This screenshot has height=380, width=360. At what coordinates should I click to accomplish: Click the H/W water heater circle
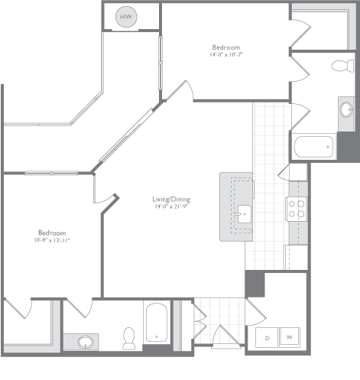(x=125, y=17)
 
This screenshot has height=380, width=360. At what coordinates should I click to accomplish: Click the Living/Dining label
(x=171, y=199)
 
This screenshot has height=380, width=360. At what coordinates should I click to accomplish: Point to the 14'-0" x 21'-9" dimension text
(x=171, y=206)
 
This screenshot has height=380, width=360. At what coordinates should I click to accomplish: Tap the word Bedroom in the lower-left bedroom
(x=52, y=232)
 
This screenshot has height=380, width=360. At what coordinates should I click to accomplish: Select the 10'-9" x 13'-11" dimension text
(x=52, y=240)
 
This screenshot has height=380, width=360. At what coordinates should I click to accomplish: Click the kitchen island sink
(x=244, y=212)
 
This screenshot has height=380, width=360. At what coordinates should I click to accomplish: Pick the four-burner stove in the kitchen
(x=296, y=208)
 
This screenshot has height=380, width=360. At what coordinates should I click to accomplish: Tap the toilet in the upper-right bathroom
(x=339, y=67)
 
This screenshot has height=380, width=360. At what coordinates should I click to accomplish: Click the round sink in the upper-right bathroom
(x=345, y=109)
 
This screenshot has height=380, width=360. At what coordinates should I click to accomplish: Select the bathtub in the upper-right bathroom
(x=313, y=145)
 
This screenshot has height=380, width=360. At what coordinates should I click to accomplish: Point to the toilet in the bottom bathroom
(x=128, y=336)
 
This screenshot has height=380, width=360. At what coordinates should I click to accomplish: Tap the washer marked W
(x=291, y=337)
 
